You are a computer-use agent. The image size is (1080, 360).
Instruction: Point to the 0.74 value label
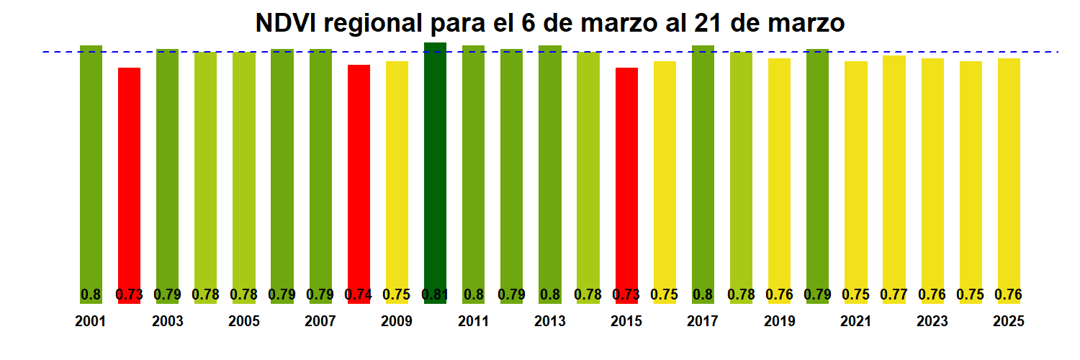pyautogui.click(x=359, y=294)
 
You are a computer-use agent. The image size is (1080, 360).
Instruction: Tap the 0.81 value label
pyautogui.click(x=435, y=294)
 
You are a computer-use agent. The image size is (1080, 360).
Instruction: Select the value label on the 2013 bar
pyautogui.click(x=549, y=294)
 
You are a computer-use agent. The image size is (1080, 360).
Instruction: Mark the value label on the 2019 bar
pyautogui.click(x=779, y=294)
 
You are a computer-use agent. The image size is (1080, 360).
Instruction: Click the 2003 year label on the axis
pyautogui.click(x=167, y=321)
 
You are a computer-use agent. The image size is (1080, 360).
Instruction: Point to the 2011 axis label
pyautogui.click(x=473, y=321)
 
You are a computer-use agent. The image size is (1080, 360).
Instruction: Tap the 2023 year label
pyautogui.click(x=932, y=321)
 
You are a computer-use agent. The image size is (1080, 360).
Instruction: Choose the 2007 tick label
pyautogui.click(x=320, y=321)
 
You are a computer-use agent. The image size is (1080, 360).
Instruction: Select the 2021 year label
pyautogui.click(x=855, y=321)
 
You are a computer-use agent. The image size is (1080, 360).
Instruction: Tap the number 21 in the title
pyautogui.click(x=710, y=23)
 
